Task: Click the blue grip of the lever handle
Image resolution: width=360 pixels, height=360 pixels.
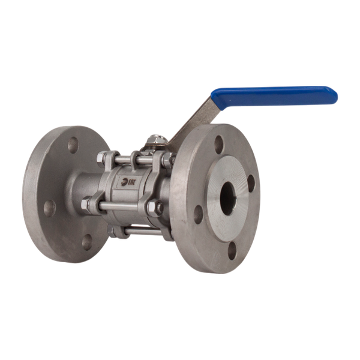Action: (276, 95)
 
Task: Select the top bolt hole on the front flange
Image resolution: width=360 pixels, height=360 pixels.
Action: (219, 143)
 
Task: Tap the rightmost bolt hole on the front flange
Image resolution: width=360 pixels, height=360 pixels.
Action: (251, 183)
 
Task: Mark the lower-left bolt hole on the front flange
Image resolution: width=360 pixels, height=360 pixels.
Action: (199, 214)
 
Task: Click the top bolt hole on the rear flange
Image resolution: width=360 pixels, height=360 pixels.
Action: (73, 145)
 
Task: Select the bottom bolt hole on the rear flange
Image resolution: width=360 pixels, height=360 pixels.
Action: (87, 241)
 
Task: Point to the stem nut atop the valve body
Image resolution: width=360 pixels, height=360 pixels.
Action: (154, 140)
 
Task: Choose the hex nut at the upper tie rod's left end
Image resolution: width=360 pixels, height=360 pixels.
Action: (104, 159)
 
